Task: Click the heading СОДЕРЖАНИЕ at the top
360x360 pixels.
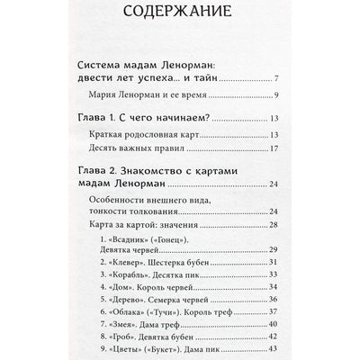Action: coord(180,15)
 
